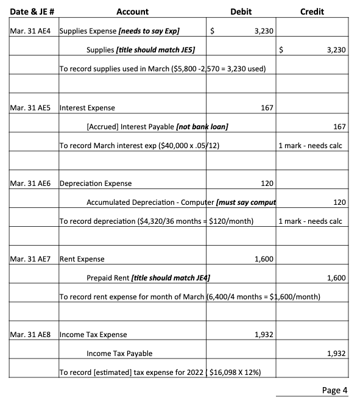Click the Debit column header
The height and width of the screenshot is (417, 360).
click(x=241, y=12)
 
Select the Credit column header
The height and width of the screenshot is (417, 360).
click(x=312, y=12)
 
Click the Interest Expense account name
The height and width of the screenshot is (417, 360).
click(x=86, y=108)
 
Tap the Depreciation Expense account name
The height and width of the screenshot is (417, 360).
click(x=95, y=184)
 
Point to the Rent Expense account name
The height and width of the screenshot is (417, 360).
click(x=82, y=259)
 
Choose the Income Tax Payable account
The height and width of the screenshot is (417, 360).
click(x=119, y=354)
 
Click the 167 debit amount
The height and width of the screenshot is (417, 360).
click(x=266, y=108)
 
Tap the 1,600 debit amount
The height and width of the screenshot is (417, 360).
click(x=263, y=259)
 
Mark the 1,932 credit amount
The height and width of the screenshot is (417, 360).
click(x=337, y=354)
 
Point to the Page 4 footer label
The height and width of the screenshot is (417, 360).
click(x=334, y=390)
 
